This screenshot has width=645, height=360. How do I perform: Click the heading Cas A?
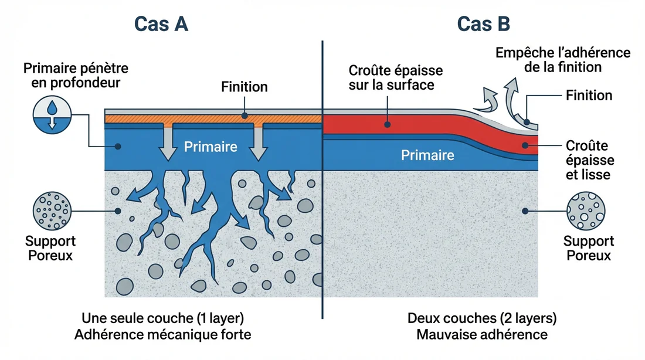pyautogui.click(x=161, y=24)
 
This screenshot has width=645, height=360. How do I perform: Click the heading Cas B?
pyautogui.click(x=483, y=24)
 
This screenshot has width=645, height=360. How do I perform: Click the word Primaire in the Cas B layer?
pyautogui.click(x=427, y=155)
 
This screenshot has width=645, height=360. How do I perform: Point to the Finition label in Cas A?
pyautogui.click(x=245, y=87)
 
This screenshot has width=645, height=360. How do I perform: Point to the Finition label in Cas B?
pyautogui.click(x=589, y=96)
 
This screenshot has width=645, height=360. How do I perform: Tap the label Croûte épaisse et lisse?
pyautogui.click(x=590, y=159)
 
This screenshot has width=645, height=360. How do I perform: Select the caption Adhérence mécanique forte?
pyautogui.click(x=162, y=334)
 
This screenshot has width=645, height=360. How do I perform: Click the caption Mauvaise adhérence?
pyautogui.click(x=482, y=334)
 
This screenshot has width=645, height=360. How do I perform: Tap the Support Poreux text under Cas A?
pyautogui.click(x=51, y=248)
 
